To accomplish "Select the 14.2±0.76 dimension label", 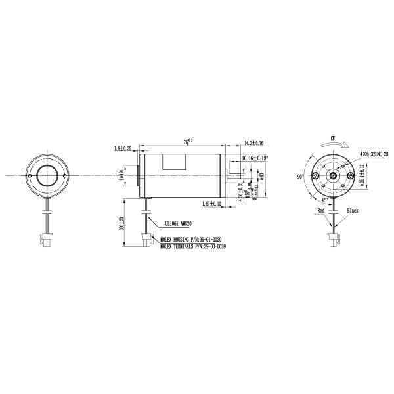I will point(254,142).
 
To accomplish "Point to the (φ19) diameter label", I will point(122,175).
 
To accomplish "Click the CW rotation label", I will point(334,139).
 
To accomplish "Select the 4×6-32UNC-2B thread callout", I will point(374,153).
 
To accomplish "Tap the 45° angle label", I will point(324,200).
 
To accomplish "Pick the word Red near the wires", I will point(321,211).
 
